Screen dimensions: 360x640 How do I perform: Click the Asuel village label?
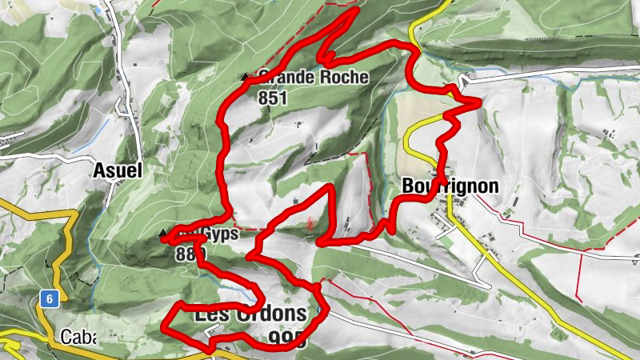[x=117, y=170]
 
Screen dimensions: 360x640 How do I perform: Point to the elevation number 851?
[x=272, y=98]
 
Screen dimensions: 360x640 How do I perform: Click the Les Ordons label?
[x=250, y=314]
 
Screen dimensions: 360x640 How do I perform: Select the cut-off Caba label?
[x=78, y=336]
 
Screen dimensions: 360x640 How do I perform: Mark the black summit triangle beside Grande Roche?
[x=245, y=77]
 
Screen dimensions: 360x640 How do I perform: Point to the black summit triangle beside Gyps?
[x=163, y=233]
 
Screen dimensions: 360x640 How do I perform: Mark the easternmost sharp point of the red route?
[x=478, y=102]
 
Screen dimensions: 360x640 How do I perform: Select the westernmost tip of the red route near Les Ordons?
[x=164, y=328]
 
